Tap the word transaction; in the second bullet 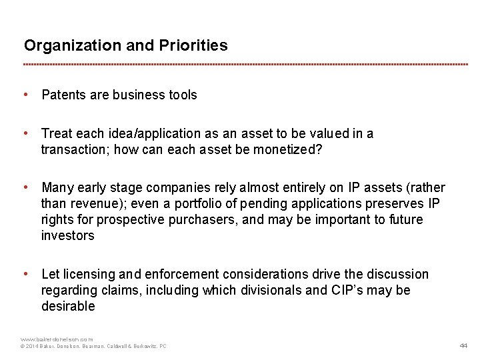click(x=75, y=149)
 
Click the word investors click(x=68, y=236)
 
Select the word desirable click(x=68, y=307)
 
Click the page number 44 click(x=464, y=345)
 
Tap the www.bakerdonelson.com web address click(x=57, y=339)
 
